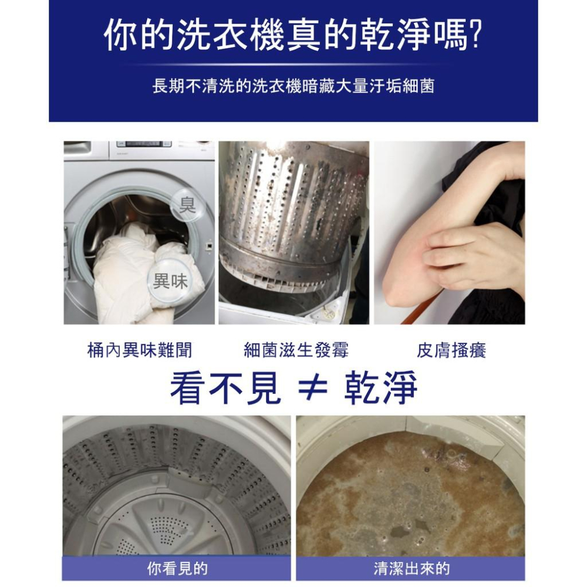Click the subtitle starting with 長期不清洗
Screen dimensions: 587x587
coord(293,86)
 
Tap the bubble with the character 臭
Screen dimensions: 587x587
coord(187,205)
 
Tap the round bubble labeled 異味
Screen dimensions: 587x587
coord(170,282)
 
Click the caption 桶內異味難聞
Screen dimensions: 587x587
coord(139,351)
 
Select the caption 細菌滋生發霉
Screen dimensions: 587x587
coord(296,351)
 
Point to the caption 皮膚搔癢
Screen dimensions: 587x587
coord(451,351)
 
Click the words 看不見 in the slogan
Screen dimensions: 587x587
coord(225,388)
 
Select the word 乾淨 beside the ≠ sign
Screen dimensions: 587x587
coord(381,388)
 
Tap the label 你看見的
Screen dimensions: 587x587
coord(177,568)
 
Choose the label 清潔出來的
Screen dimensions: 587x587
coord(411,568)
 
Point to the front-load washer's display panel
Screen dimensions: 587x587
coord(143,144)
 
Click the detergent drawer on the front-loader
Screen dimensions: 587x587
coord(86,150)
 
